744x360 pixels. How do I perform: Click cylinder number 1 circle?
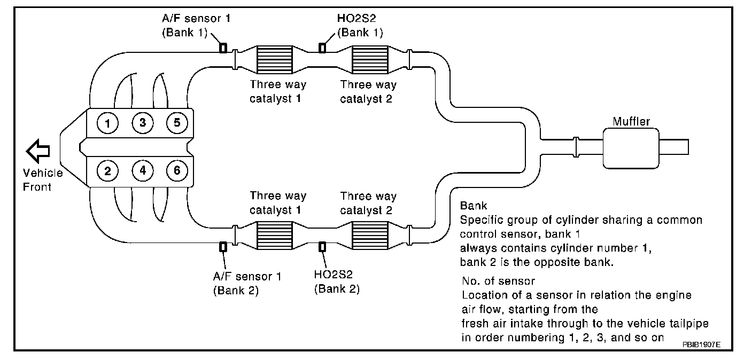click(107, 123)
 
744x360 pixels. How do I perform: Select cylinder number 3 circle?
click(143, 123)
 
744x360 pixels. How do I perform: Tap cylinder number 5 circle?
click(177, 123)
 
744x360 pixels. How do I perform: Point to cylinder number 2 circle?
click(107, 171)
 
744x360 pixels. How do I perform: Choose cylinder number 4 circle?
click(143, 170)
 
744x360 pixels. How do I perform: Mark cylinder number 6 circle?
click(177, 170)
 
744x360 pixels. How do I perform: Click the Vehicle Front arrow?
click(38, 151)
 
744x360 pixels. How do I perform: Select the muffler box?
click(631, 148)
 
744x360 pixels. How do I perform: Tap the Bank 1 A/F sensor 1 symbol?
click(223, 48)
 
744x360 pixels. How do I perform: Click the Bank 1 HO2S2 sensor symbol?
click(322, 48)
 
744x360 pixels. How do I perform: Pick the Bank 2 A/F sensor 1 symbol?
click(223, 247)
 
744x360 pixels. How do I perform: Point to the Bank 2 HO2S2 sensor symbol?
click(322, 247)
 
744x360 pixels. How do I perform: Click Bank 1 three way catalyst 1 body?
click(275, 60)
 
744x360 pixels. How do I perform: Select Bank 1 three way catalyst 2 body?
click(370, 60)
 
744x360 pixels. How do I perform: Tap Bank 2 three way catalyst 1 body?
click(275, 236)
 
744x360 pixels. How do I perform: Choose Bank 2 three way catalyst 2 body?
click(370, 236)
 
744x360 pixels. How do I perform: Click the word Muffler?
click(631, 121)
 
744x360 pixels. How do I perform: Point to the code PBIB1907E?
click(701, 345)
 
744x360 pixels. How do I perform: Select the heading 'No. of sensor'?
click(498, 281)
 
